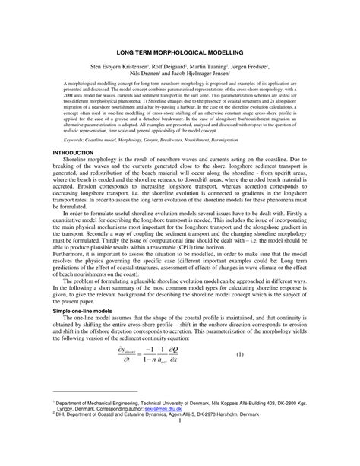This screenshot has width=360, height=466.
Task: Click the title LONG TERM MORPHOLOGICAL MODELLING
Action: point(179,52)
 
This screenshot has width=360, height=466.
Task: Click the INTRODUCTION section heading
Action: point(73,174)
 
